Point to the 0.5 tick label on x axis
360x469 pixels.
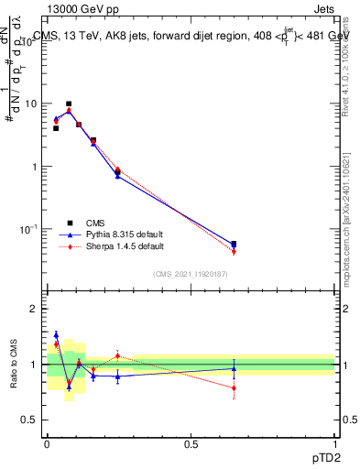point(191,443)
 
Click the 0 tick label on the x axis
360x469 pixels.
point(47,443)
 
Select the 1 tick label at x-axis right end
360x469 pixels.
point(334,443)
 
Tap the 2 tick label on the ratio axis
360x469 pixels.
point(34,310)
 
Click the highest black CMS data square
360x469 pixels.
point(69,104)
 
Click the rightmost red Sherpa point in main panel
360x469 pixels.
point(234,252)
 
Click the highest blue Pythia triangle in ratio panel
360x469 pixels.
point(56,334)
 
